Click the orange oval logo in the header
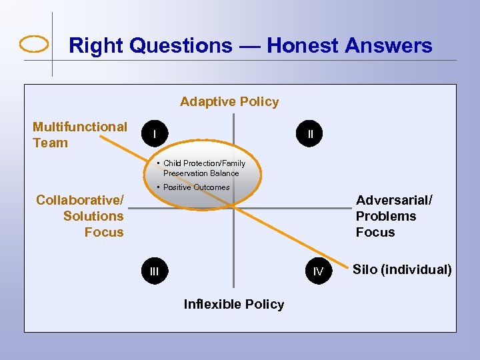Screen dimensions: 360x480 34,45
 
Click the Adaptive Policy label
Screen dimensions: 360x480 229,102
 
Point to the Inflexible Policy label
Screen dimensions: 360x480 233,305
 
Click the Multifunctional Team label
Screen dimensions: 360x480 79,135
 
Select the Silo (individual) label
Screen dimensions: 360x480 402,270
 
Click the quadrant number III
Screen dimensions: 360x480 155,271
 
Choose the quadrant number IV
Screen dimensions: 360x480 318,271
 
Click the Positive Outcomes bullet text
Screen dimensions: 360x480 197,187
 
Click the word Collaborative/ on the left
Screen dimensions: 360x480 79,200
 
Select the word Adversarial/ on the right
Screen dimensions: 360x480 394,200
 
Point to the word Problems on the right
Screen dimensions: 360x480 385,216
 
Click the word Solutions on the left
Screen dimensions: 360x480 93,216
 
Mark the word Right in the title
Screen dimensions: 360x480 97,46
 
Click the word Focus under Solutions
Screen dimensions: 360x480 104,232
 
